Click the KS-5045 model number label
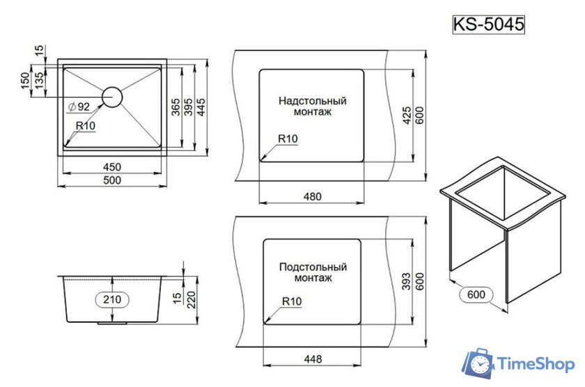[x=488, y=24]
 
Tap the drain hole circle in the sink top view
[x=112, y=97]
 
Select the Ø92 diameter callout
[x=79, y=107]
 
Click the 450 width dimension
[x=112, y=166]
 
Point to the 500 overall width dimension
[x=112, y=180]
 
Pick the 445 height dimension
[x=201, y=107]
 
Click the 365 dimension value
[x=175, y=107]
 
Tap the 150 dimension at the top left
[x=24, y=81]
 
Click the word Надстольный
[x=313, y=101]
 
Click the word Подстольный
[x=313, y=267]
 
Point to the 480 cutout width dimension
[x=312, y=196]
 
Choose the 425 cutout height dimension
[x=407, y=116]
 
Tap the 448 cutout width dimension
[x=313, y=359]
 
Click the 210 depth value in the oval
[x=112, y=299]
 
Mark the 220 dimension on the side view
[x=191, y=300]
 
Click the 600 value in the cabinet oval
[x=476, y=294]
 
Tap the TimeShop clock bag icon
[x=478, y=363]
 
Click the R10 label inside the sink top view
[x=86, y=126]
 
